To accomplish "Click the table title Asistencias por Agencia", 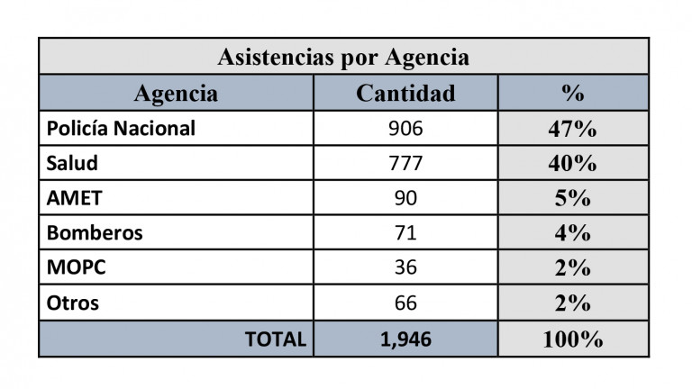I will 343,58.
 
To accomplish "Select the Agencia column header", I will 176,94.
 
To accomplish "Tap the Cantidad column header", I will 405,94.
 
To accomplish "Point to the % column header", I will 572,94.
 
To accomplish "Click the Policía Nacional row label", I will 121,129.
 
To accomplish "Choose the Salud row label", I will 72,164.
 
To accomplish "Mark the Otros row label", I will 73,303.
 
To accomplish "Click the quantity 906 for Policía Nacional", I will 405,129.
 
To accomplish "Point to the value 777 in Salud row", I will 405,164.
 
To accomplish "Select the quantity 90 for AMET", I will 405,198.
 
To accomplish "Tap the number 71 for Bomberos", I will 405,233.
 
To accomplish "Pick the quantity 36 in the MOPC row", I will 405,268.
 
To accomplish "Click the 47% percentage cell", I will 572,129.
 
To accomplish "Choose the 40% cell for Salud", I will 572,164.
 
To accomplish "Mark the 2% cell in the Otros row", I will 572,303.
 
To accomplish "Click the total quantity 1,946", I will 405,339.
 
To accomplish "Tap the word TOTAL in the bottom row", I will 276,339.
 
